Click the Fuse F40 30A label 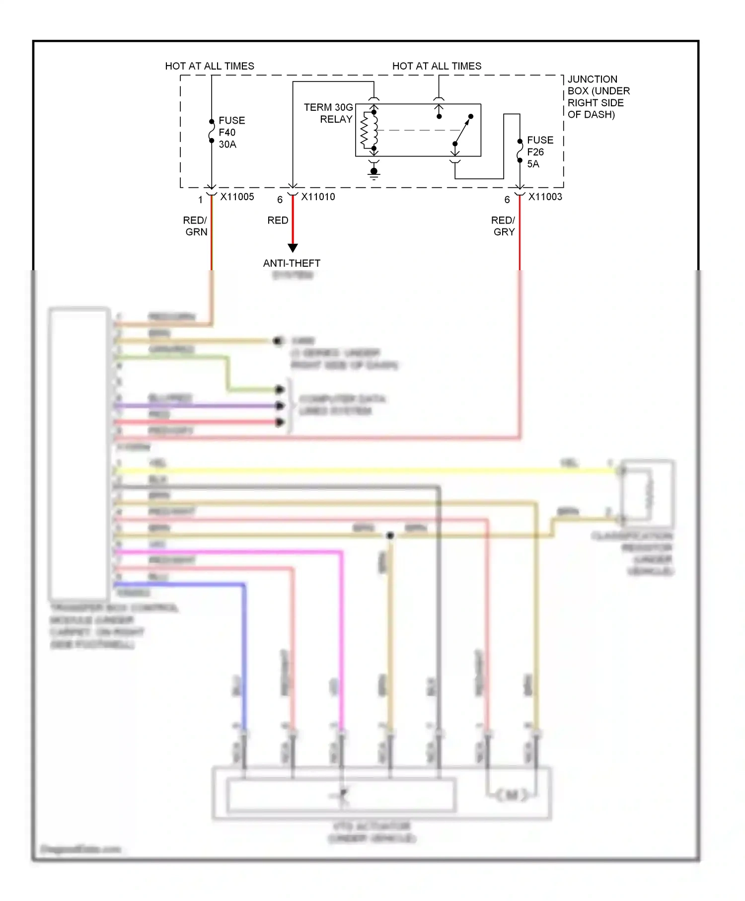[x=231, y=132]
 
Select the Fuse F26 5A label [x=539, y=152]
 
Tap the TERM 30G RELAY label [x=328, y=113]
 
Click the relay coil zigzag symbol [x=367, y=130]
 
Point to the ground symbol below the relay [x=374, y=172]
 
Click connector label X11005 [x=237, y=197]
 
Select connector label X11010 [x=318, y=197]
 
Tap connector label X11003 [x=545, y=197]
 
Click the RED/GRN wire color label [x=195, y=226]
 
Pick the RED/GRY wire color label [x=504, y=226]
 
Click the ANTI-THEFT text [x=292, y=263]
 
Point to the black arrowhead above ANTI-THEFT [x=293, y=247]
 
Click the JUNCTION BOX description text [x=598, y=97]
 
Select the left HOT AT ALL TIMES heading [x=209, y=66]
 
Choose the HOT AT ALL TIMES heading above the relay [x=437, y=66]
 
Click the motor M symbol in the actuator [x=512, y=795]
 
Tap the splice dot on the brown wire [x=390, y=535]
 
